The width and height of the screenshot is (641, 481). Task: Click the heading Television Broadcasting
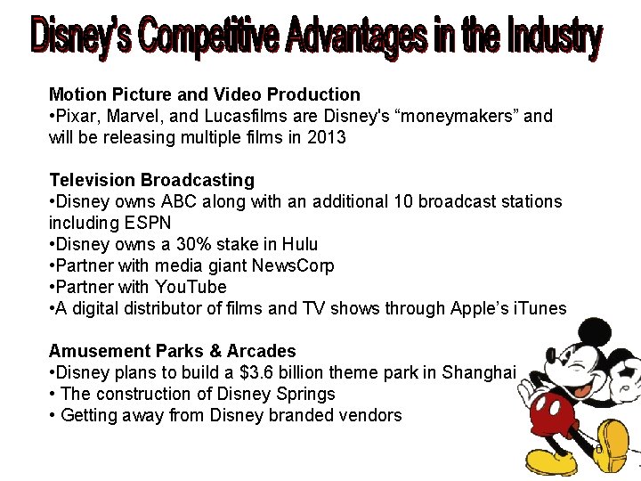151,180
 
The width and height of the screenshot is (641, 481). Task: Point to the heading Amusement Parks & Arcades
172,351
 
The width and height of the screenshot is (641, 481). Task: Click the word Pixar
75,116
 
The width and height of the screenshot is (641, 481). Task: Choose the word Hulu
300,244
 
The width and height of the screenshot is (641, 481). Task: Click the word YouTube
191,287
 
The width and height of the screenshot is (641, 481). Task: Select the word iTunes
538,308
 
